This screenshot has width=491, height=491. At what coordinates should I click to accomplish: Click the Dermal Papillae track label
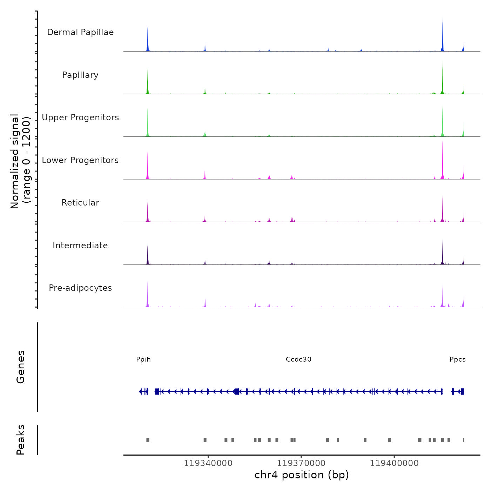(80, 32)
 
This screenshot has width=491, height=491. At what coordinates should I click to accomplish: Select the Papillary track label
(80, 75)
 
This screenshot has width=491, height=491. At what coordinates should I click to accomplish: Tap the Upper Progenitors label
(80, 117)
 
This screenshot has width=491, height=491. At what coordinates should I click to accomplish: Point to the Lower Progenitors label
(80, 160)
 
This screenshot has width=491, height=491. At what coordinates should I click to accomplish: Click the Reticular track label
(80, 203)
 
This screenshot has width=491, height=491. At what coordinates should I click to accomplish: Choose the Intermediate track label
(80, 245)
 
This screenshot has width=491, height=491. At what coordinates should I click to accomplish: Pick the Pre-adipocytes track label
(80, 288)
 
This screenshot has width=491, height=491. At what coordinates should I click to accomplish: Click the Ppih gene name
(143, 359)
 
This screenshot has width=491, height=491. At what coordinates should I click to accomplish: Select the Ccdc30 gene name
(298, 359)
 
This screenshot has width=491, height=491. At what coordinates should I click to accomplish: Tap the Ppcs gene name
(458, 359)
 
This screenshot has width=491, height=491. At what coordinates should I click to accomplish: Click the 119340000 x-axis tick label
(208, 463)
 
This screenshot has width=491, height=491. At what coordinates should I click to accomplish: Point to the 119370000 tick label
(301, 463)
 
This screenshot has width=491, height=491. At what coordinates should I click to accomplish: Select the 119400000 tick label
(394, 463)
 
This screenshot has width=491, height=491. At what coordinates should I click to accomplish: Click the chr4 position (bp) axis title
(302, 475)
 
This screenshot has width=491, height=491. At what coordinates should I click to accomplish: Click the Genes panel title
(21, 367)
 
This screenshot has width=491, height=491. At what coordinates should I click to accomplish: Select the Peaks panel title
(21, 440)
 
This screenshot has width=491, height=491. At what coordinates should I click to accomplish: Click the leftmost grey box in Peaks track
(148, 440)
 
